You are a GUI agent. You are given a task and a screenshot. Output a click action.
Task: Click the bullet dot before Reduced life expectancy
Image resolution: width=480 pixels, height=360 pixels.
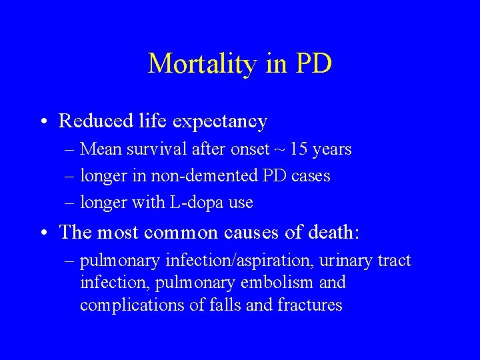(43, 122)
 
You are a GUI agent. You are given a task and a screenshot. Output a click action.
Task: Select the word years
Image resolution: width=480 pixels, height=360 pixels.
(331, 149)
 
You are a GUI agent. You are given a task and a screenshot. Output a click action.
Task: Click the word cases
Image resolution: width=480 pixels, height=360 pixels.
(309, 176)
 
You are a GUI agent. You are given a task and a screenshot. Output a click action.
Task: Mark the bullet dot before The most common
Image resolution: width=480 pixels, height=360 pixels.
(43, 233)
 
